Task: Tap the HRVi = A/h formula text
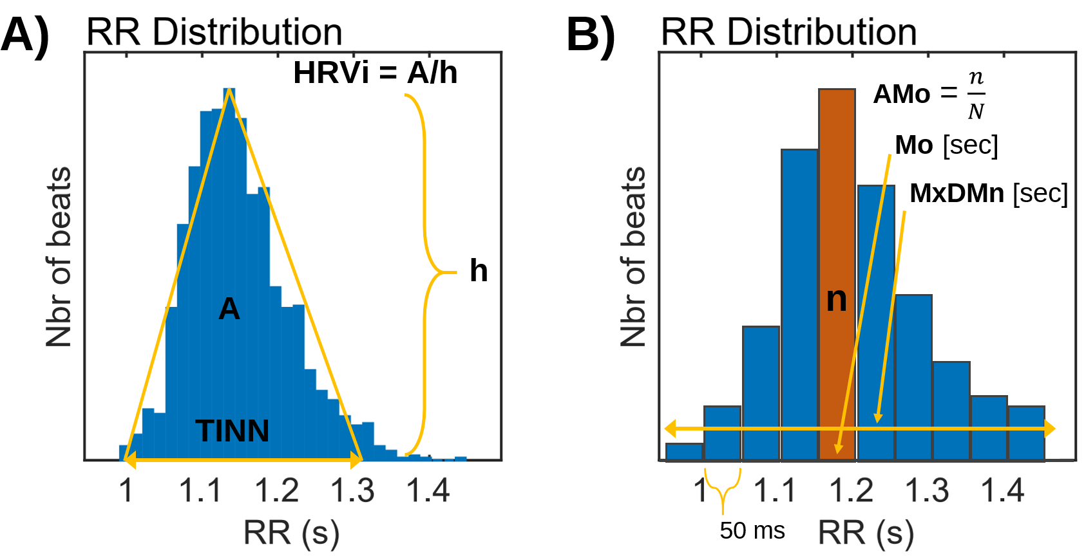[375, 73]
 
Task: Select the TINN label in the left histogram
[232, 431]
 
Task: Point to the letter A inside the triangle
[229, 310]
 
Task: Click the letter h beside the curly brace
[478, 270]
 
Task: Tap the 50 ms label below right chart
[752, 531]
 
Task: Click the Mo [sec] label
[946, 145]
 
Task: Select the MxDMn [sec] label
[988, 193]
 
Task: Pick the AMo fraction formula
[929, 95]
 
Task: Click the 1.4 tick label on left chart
[427, 491]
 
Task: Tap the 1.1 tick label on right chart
[774, 491]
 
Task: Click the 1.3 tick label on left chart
[352, 491]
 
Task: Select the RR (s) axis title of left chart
[291, 533]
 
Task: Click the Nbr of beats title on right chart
[633, 257]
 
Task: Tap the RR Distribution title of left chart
[214, 32]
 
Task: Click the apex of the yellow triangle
[229, 90]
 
